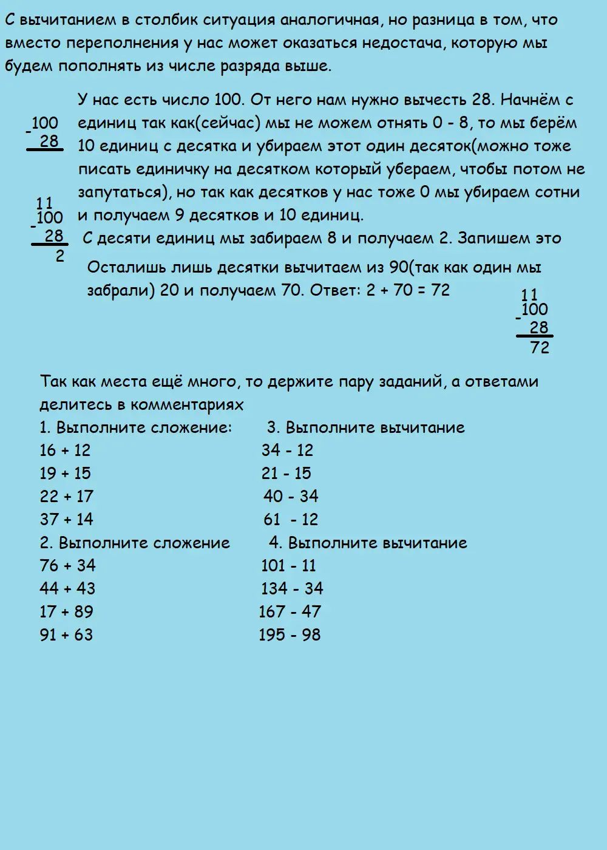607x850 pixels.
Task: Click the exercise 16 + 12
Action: pos(65,450)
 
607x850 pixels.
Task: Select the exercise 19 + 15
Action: pos(65,474)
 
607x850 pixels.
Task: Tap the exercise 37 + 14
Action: pos(66,520)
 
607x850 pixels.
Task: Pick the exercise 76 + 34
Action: pos(67,566)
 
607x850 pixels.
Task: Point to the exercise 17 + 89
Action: pos(66,612)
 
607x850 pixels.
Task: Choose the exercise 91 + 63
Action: pos(66,635)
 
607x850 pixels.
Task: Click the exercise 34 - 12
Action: pos(287,450)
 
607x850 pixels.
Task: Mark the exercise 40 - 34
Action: pos(291,497)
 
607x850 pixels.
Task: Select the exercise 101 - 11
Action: pos(288,566)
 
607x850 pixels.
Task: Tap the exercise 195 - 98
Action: pos(290,635)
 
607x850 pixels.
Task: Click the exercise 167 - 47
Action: pos(290,612)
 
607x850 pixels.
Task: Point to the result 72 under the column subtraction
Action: pos(540,348)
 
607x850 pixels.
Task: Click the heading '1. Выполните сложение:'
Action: pos(135,427)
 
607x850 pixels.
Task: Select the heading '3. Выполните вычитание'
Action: pos(366,427)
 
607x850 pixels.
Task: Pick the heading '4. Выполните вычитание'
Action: pos(368,543)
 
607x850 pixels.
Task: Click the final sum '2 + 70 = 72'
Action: pos(408,290)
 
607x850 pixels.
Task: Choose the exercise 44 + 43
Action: pos(67,589)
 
